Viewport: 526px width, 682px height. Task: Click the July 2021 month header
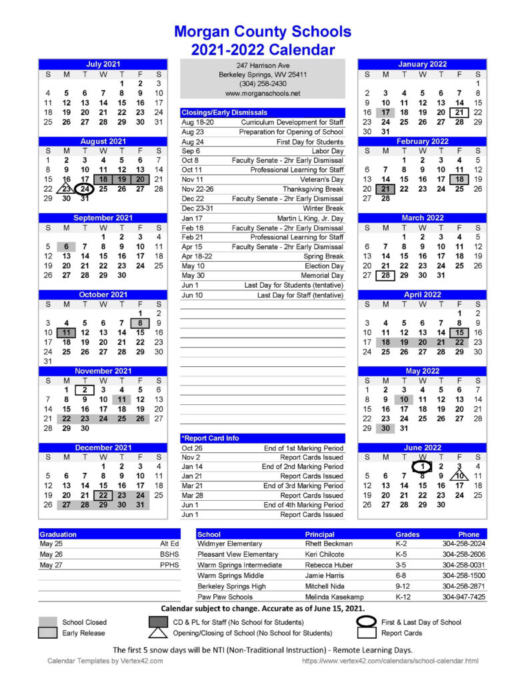(103, 64)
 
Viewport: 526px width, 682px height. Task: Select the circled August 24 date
(85, 188)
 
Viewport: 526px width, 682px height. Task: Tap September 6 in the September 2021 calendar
(67, 246)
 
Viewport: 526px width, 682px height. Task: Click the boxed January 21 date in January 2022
(459, 113)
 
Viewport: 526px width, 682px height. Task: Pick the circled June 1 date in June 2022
(422, 466)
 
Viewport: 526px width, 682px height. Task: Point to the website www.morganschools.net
(263, 94)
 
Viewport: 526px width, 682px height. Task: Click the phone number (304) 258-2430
(263, 84)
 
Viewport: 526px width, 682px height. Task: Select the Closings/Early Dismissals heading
(225, 113)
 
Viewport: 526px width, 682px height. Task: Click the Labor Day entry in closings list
(327, 151)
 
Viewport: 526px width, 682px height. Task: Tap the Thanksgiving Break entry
(313, 189)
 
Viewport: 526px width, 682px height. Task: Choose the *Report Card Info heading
(210, 438)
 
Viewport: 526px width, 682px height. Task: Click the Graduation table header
(58, 534)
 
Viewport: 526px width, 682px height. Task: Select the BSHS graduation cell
(167, 554)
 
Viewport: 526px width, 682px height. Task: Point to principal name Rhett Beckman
(329, 544)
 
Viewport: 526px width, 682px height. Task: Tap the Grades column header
(407, 534)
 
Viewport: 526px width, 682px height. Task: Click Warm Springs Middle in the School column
(231, 575)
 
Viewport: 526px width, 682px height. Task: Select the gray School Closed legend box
(47, 622)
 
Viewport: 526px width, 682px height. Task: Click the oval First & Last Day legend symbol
(367, 622)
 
